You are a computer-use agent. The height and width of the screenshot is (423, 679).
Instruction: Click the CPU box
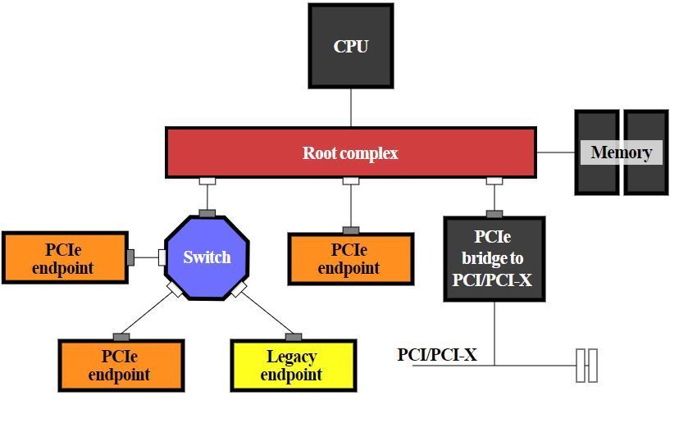click(x=351, y=46)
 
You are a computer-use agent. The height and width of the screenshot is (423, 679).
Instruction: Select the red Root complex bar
click(x=350, y=152)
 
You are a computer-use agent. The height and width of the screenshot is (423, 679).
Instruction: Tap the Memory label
click(x=621, y=152)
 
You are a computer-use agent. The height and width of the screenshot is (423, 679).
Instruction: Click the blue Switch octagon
click(x=207, y=257)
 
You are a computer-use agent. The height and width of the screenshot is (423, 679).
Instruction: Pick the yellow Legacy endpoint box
click(x=293, y=366)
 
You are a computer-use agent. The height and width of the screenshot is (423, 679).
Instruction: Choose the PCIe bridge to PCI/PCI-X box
click(x=494, y=259)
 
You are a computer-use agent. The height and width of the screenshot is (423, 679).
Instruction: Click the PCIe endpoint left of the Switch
click(x=65, y=258)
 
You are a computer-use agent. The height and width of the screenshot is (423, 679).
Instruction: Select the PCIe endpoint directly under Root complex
click(x=350, y=259)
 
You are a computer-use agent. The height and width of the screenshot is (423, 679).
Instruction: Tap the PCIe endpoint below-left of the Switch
click(x=121, y=366)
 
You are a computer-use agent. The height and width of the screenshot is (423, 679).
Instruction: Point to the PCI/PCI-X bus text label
click(x=437, y=355)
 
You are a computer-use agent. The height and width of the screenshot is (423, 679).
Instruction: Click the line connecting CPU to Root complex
click(x=351, y=107)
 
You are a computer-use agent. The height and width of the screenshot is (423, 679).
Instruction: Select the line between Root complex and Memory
click(x=555, y=152)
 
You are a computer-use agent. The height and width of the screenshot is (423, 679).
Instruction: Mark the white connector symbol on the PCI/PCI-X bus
click(x=586, y=365)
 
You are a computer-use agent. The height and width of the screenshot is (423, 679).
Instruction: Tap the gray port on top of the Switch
click(x=207, y=213)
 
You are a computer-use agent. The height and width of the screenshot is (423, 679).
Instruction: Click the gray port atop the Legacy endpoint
click(x=293, y=337)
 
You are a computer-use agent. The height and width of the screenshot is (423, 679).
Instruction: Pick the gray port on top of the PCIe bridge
click(x=494, y=214)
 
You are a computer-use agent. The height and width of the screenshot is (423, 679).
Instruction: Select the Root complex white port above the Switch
click(x=207, y=181)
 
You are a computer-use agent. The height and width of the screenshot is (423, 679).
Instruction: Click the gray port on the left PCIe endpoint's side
click(x=130, y=257)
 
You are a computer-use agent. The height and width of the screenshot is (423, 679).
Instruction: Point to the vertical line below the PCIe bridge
click(x=494, y=332)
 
